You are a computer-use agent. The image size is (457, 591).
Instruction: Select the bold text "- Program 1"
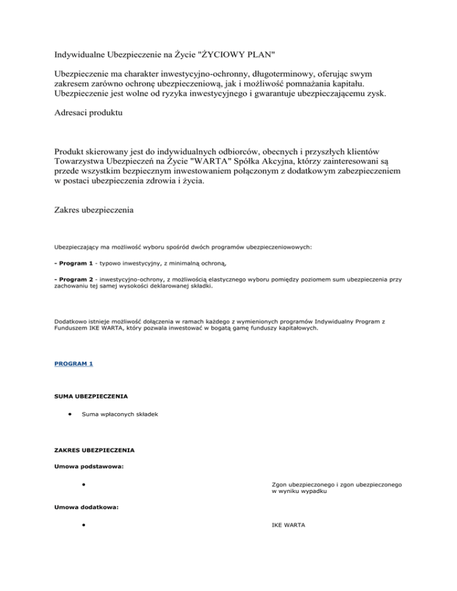75,279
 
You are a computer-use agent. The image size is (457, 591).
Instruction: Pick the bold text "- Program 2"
75,295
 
